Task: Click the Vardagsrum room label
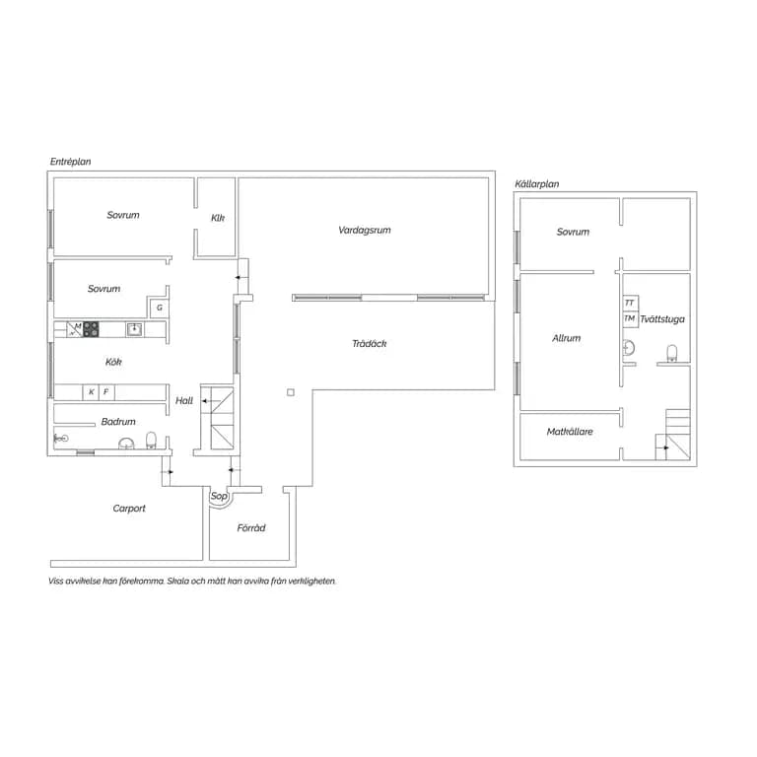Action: pos(365,231)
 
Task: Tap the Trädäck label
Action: pos(370,344)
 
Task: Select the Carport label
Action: pos(129,509)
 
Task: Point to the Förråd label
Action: pos(251,527)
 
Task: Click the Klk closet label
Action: pos(218,218)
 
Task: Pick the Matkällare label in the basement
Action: pos(570,432)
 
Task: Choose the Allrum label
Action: pos(567,338)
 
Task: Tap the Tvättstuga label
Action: pos(662,319)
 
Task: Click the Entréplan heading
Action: pos(71,162)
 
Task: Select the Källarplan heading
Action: pos(537,184)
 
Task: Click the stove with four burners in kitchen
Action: pos(91,329)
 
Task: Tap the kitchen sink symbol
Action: pos(134,329)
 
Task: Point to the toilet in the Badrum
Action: pos(151,441)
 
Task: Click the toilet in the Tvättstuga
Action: pos(671,354)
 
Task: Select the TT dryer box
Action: pos(630,303)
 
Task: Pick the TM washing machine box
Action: pos(630,319)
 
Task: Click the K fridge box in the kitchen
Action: pos(91,392)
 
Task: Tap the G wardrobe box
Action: pos(160,308)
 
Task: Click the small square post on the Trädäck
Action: pos(291,392)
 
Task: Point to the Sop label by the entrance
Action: pos(219,496)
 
